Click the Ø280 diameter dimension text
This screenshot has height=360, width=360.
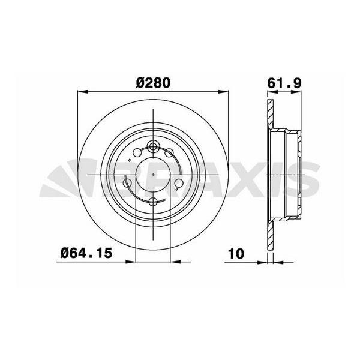(x=153, y=83)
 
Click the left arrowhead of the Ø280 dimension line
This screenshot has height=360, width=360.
(x=82, y=92)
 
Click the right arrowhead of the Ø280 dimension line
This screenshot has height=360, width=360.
(x=225, y=92)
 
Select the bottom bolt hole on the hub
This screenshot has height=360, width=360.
(x=154, y=201)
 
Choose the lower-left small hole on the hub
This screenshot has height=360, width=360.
(x=127, y=183)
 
